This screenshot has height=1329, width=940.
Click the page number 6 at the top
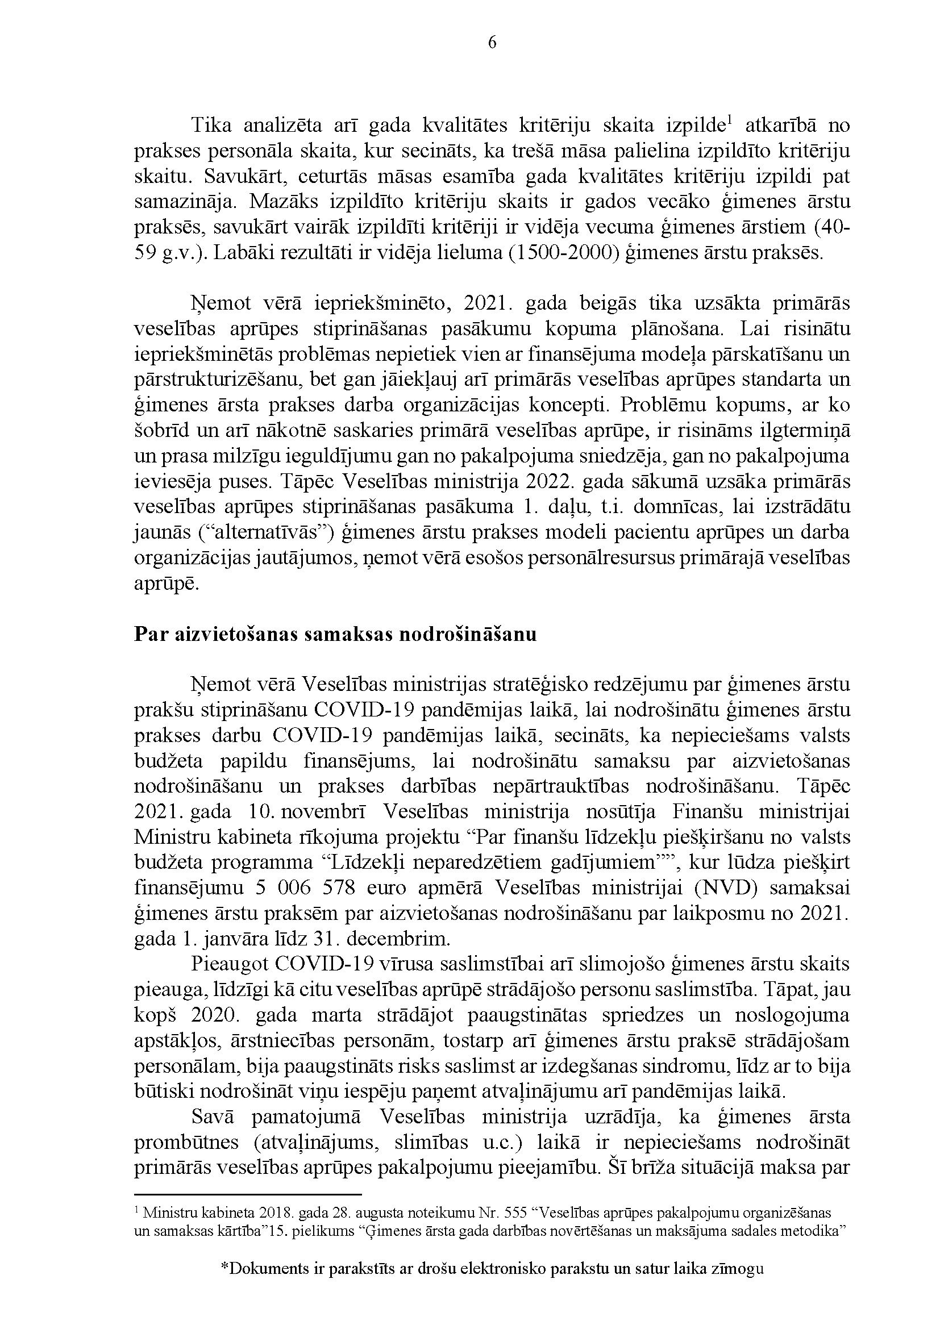493,43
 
